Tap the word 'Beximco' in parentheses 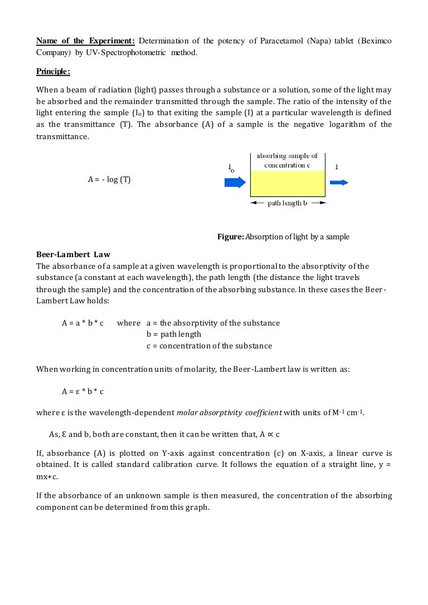376,41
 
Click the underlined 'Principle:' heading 53,71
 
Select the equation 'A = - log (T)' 109,180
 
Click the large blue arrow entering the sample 235,182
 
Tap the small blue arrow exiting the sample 339,182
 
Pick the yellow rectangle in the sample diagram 287,183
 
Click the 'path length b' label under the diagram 287,203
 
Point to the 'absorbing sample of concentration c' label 287,161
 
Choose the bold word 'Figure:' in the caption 230,237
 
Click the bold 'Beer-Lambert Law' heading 73,255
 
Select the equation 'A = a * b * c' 82,323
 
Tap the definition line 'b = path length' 174,335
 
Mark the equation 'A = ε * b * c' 82,391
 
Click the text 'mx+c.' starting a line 48,477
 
